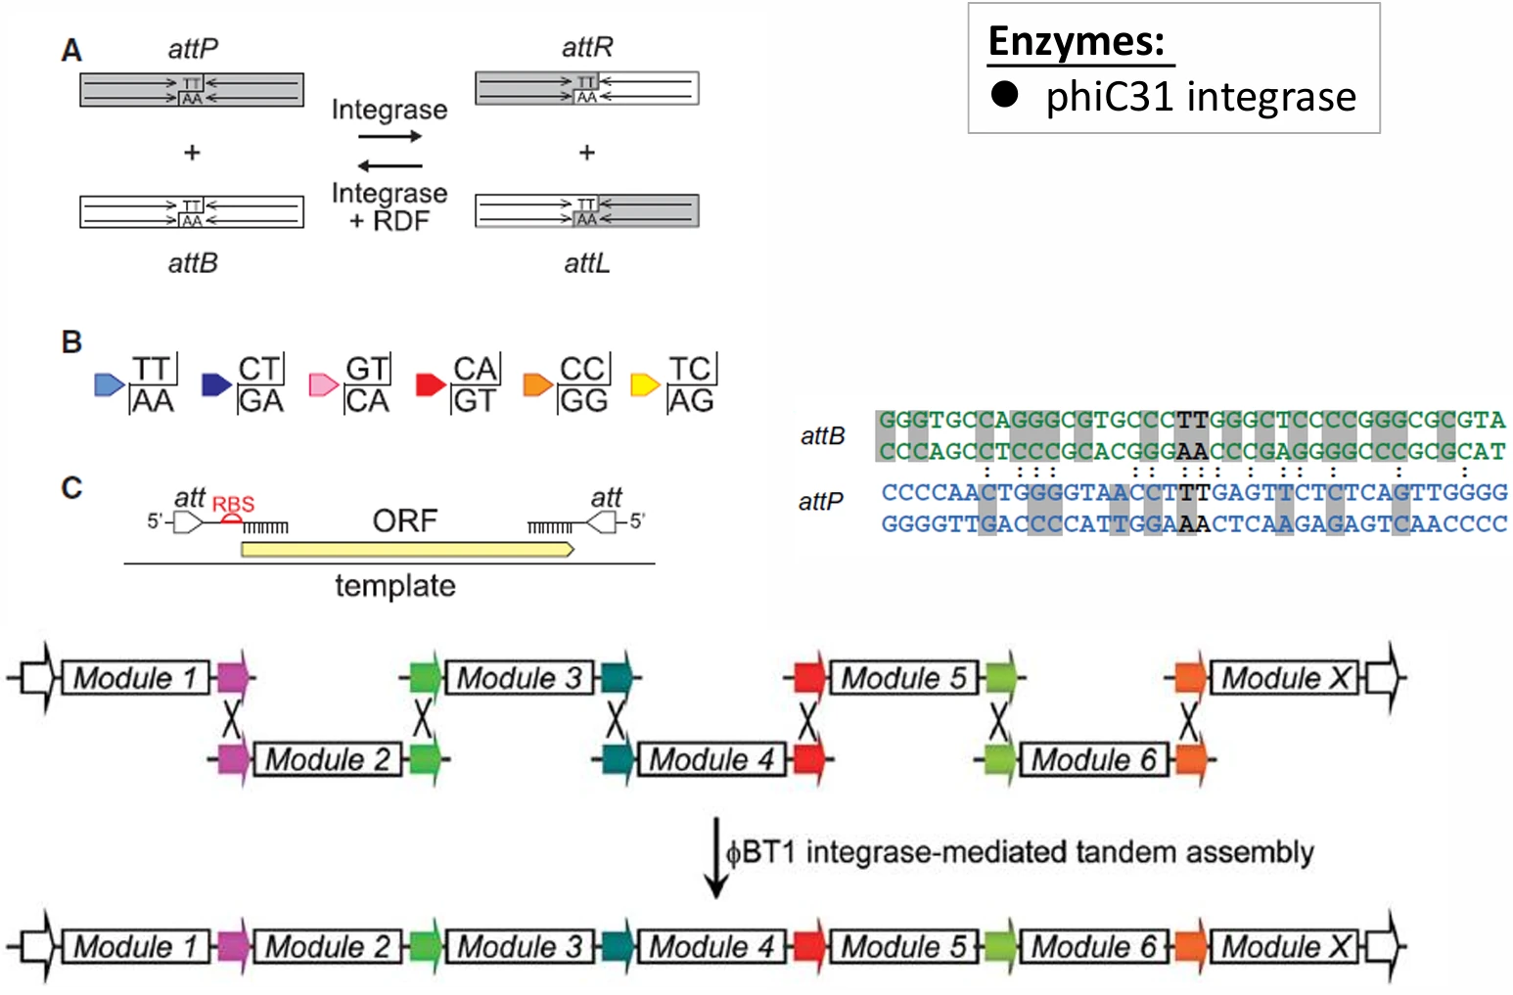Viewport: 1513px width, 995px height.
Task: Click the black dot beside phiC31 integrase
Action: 1004,95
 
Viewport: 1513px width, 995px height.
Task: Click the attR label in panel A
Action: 587,47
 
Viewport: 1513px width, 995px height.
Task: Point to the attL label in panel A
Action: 587,263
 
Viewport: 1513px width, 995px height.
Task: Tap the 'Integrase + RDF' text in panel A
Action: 390,206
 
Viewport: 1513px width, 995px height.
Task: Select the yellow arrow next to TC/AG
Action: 645,384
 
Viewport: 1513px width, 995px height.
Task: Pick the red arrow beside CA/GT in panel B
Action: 431,384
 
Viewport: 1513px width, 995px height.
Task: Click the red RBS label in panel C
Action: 233,504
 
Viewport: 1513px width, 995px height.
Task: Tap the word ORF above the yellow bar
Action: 405,520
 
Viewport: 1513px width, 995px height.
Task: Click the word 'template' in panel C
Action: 395,586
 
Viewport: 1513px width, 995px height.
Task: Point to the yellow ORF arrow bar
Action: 407,550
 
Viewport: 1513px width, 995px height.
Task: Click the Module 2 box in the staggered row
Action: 328,760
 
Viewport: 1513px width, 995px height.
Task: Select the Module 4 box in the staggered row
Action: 711,760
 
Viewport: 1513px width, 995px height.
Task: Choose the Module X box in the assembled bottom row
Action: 1284,946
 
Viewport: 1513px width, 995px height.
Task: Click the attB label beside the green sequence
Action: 823,436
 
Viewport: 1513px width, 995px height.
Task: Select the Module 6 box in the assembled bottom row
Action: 1094,946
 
